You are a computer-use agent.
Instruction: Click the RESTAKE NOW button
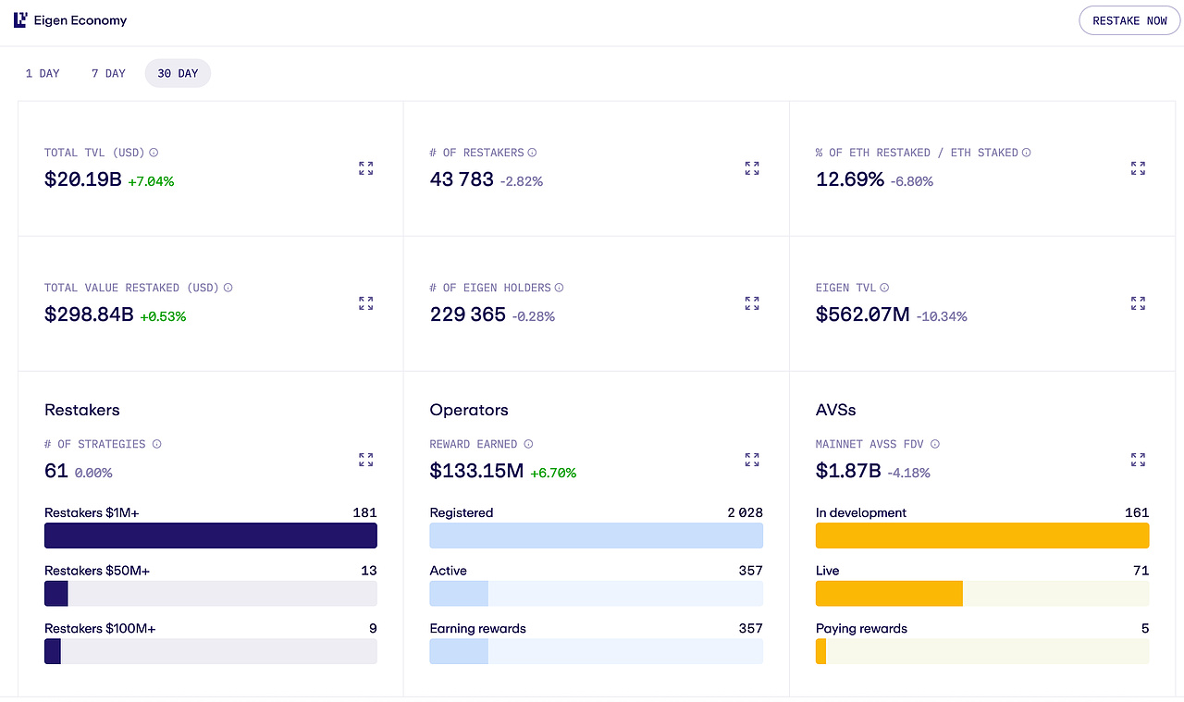(x=1129, y=20)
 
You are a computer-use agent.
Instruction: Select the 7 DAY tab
(x=108, y=73)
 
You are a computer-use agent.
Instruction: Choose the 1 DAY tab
(x=43, y=73)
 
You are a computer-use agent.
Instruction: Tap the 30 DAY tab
(x=178, y=73)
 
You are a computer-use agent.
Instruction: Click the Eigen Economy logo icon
(x=20, y=20)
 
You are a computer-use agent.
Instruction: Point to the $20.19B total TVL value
(x=83, y=179)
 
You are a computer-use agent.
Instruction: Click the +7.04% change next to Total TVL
(x=151, y=181)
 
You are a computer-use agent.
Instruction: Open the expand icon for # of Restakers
(x=752, y=168)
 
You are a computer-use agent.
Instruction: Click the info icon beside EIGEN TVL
(x=884, y=288)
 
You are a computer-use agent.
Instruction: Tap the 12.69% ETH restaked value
(x=850, y=179)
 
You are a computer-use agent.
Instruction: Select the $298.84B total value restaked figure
(x=89, y=314)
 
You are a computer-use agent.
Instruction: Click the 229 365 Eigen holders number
(x=468, y=314)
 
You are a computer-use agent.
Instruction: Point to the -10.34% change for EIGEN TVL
(x=942, y=316)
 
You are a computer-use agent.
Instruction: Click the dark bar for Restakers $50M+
(x=56, y=593)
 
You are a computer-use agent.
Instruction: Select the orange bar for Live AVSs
(x=889, y=593)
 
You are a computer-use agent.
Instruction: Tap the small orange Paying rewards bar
(x=820, y=651)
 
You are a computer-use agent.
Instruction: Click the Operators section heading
(x=469, y=410)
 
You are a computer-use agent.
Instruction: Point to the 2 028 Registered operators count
(x=745, y=512)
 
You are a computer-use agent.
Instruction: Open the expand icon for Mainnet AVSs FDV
(x=1138, y=460)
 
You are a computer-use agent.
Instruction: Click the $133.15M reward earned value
(x=476, y=471)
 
